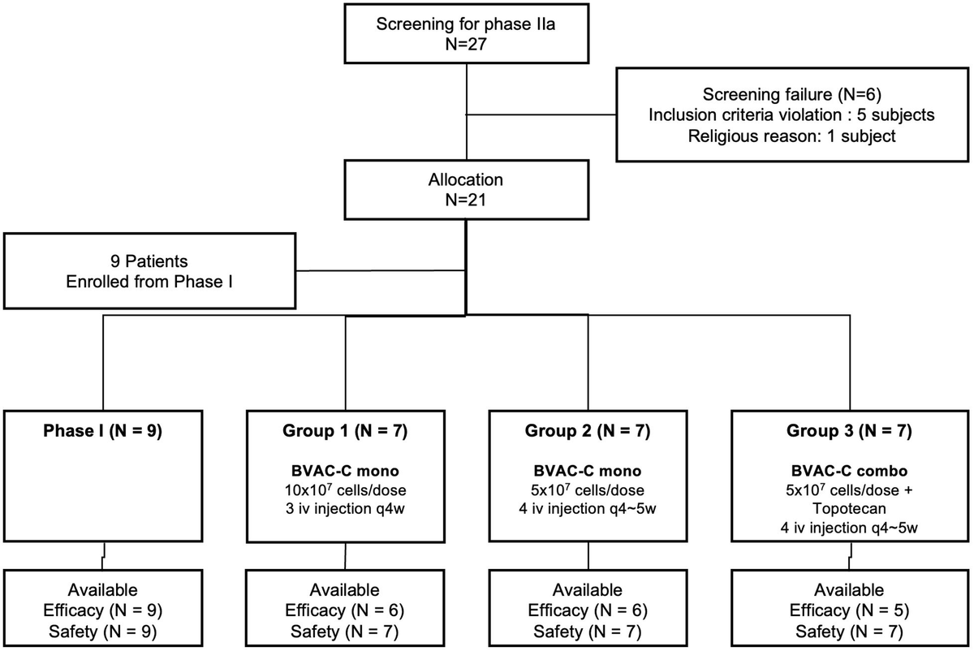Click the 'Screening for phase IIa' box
466,33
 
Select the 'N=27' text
466,45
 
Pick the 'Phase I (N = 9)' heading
103,432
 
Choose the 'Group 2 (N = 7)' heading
588,432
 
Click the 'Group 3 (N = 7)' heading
850,432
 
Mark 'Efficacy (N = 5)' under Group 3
850,610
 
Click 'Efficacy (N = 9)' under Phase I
103,610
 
